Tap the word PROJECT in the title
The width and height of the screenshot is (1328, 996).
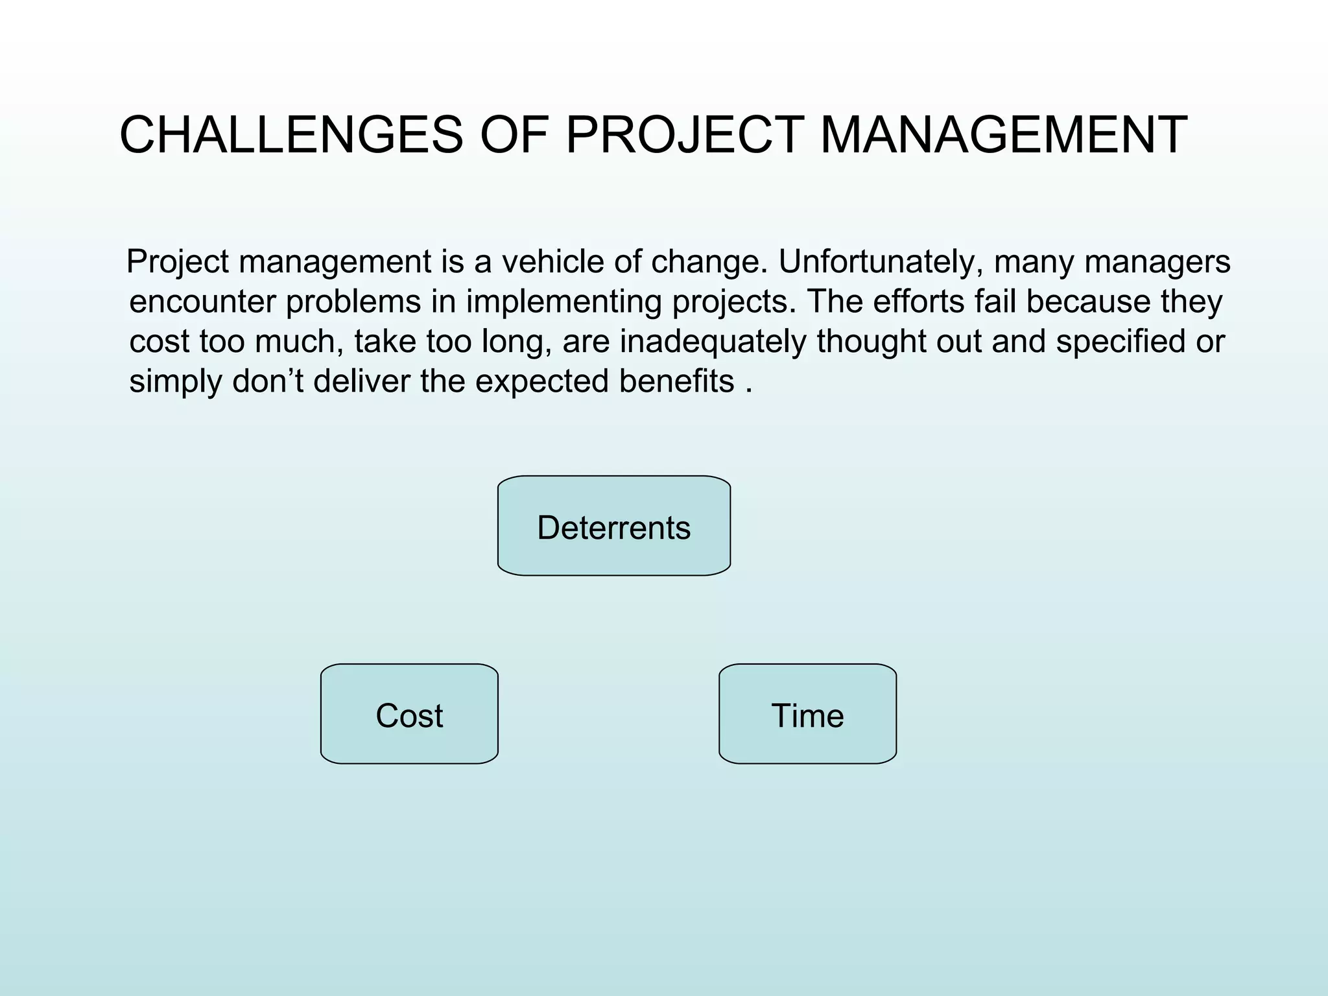685,136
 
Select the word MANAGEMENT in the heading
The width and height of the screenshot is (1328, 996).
1004,136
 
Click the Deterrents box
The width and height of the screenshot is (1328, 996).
614,527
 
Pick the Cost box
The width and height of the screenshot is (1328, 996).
409,715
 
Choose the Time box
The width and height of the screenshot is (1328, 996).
807,715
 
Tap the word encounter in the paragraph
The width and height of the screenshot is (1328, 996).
202,302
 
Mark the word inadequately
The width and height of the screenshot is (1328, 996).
713,342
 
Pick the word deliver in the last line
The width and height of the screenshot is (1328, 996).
361,381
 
